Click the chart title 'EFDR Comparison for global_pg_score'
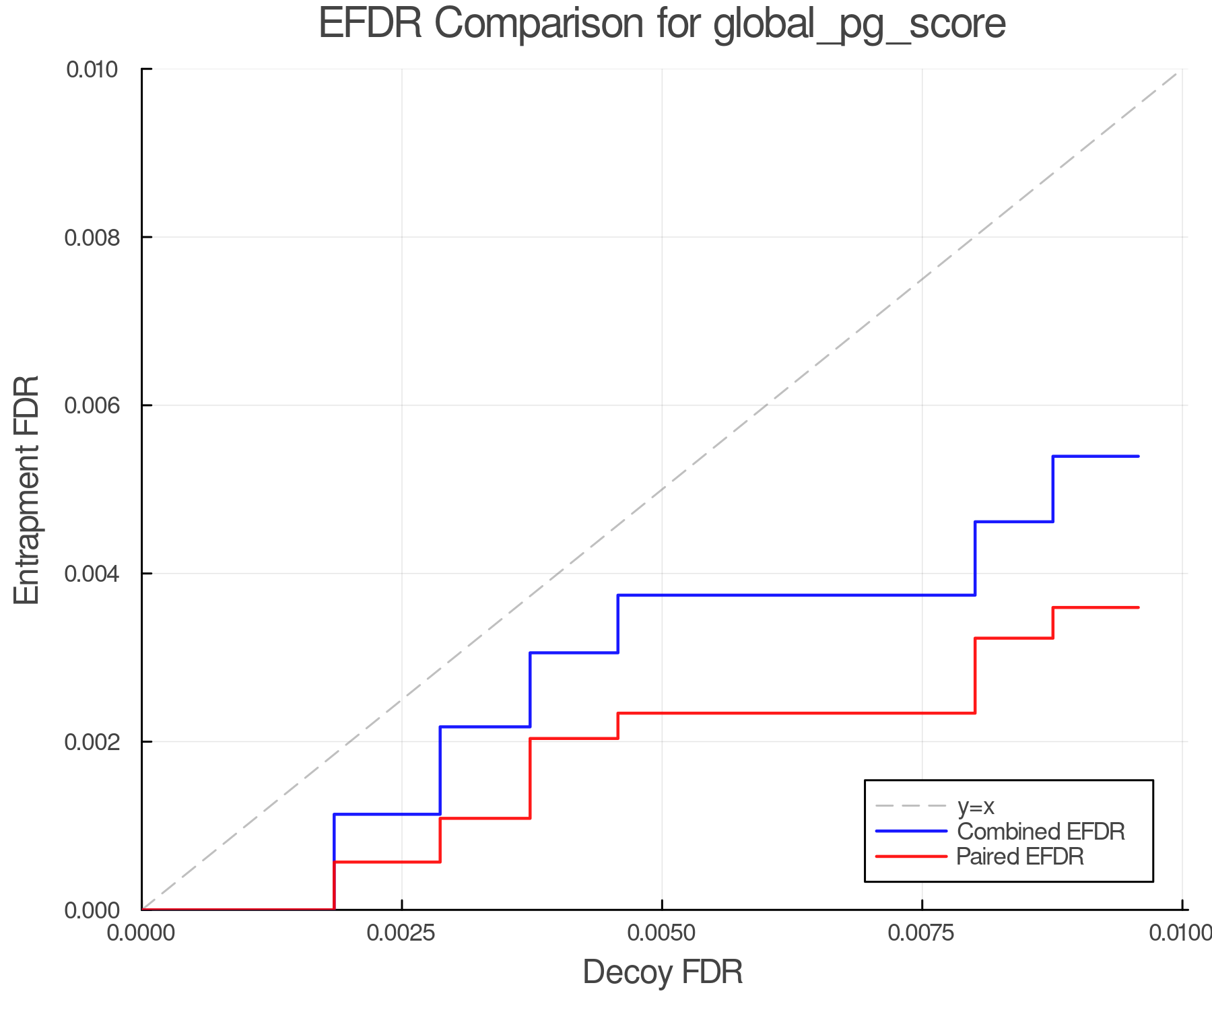662,24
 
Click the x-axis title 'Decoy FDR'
663,972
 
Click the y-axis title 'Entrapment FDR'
27,490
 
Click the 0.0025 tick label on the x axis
401,933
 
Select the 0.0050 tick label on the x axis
662,933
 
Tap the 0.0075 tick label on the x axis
922,933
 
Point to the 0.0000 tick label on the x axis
141,933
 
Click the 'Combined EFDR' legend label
1040,832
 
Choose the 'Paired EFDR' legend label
1020,856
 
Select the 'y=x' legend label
976,806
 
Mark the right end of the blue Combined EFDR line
1139,457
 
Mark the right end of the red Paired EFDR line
1139,607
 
